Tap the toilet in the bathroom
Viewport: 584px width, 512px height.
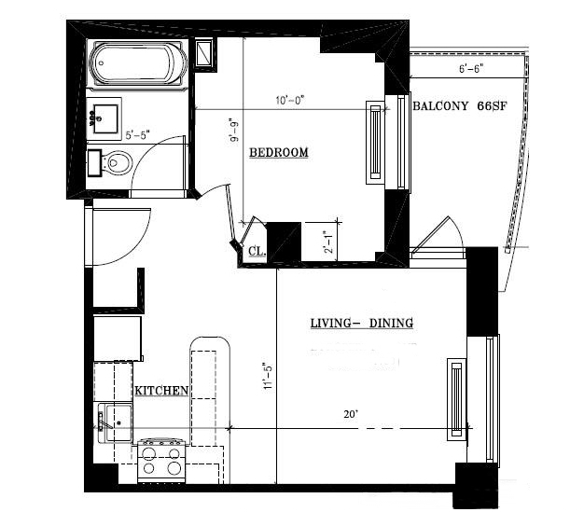coord(114,164)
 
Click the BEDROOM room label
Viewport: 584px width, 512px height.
coord(278,152)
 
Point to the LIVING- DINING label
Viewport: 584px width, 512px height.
coord(361,324)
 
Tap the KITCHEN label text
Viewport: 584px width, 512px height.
coord(162,391)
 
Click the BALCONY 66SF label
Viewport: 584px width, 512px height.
coord(458,106)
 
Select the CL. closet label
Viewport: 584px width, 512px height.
coord(257,250)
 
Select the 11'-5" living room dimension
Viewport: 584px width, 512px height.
coord(267,378)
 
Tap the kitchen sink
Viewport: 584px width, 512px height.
coord(117,422)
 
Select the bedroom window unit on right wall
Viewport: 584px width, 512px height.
coord(376,141)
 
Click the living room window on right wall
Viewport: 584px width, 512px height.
coord(455,397)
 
